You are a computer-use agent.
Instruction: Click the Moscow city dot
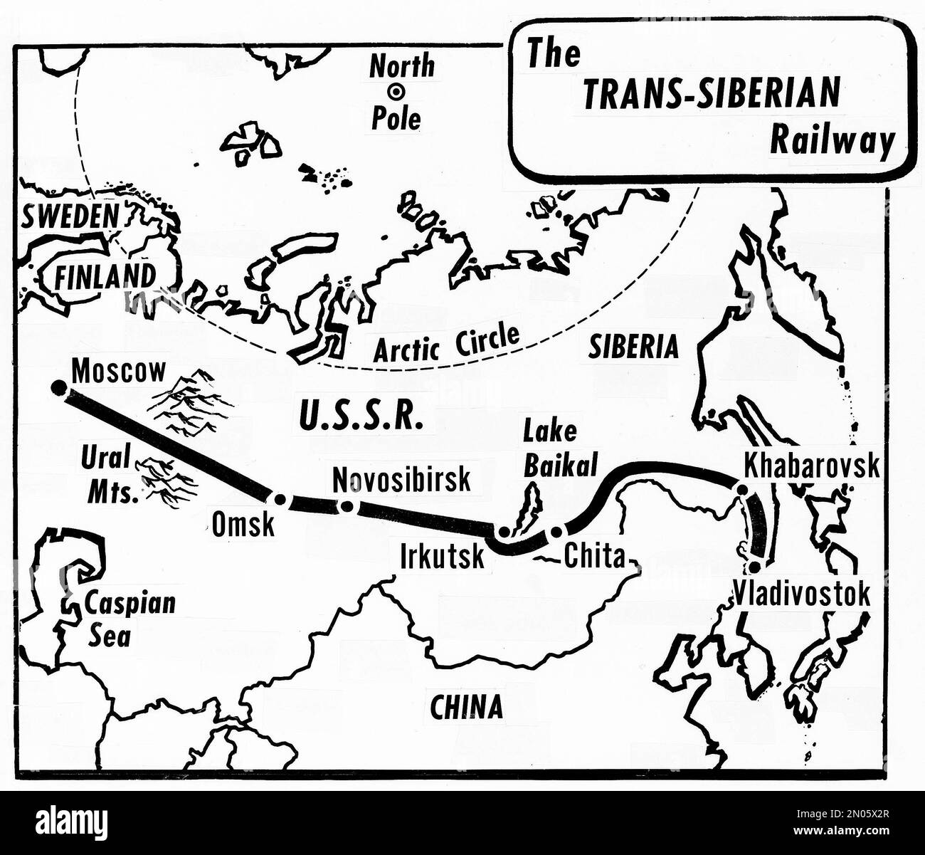[x=58, y=387]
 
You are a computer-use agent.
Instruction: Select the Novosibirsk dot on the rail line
[x=347, y=506]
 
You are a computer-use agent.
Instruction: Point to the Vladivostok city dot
[x=754, y=567]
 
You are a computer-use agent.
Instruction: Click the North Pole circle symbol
[x=395, y=92]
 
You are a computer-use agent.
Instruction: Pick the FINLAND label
[x=105, y=276]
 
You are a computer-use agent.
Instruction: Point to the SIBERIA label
[x=633, y=347]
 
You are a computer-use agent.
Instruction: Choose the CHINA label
[x=466, y=706]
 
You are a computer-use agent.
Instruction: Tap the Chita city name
[x=593, y=556]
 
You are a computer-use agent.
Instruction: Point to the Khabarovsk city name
[x=811, y=466]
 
